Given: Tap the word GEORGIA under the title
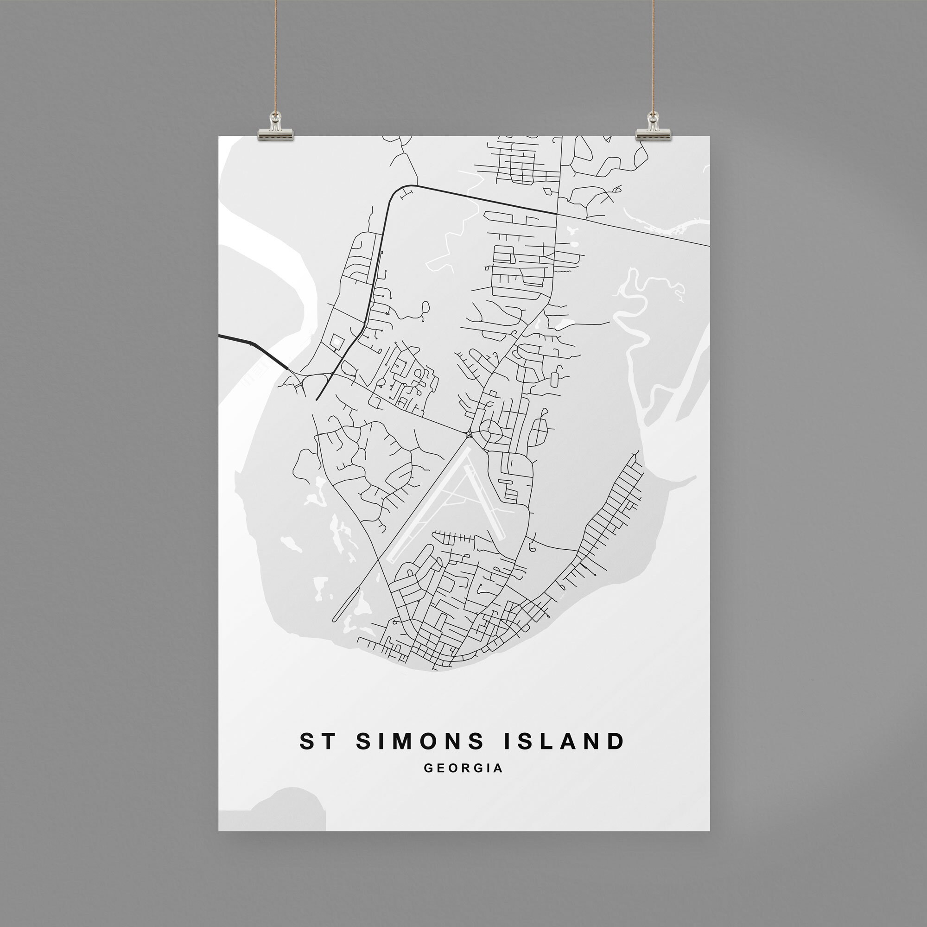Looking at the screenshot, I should point(463,768).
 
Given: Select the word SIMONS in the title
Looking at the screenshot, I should point(420,741).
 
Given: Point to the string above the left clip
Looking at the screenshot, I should point(276,57).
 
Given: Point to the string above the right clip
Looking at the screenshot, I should point(653,57).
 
